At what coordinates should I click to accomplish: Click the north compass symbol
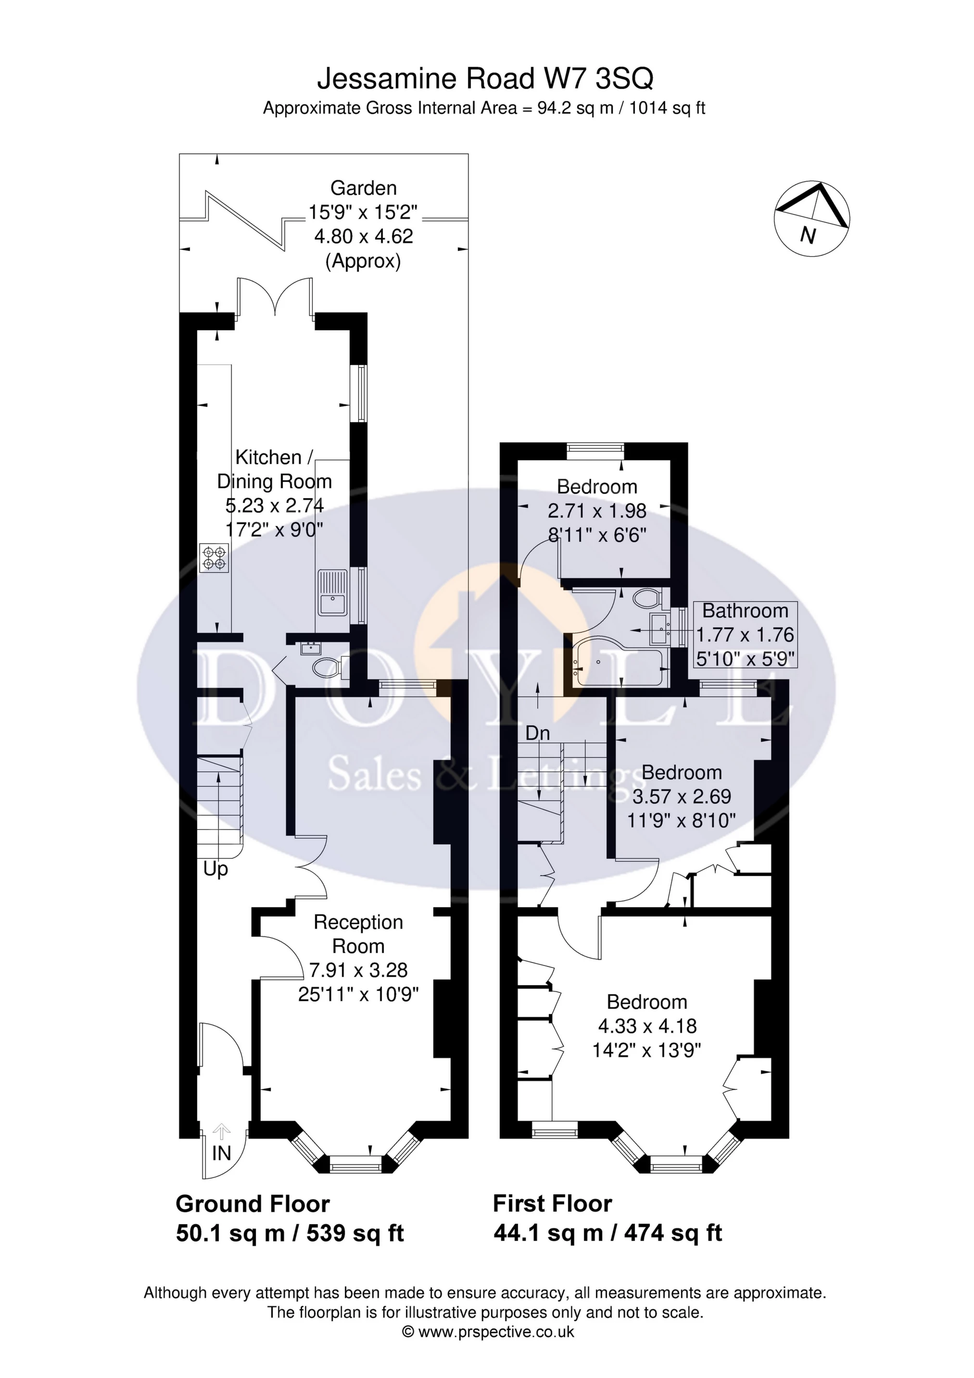[812, 218]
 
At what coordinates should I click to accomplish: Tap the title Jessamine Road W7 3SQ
[485, 79]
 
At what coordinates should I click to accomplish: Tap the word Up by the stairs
[215, 869]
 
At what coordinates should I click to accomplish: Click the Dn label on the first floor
[537, 733]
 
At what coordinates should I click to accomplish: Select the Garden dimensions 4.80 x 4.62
[363, 237]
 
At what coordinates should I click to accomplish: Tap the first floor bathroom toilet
[647, 599]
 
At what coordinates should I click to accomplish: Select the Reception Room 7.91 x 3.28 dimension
[358, 970]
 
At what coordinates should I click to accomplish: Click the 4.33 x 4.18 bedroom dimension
[647, 1027]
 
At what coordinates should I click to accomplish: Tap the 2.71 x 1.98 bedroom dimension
[596, 511]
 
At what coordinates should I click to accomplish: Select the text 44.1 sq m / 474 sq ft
[607, 1233]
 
